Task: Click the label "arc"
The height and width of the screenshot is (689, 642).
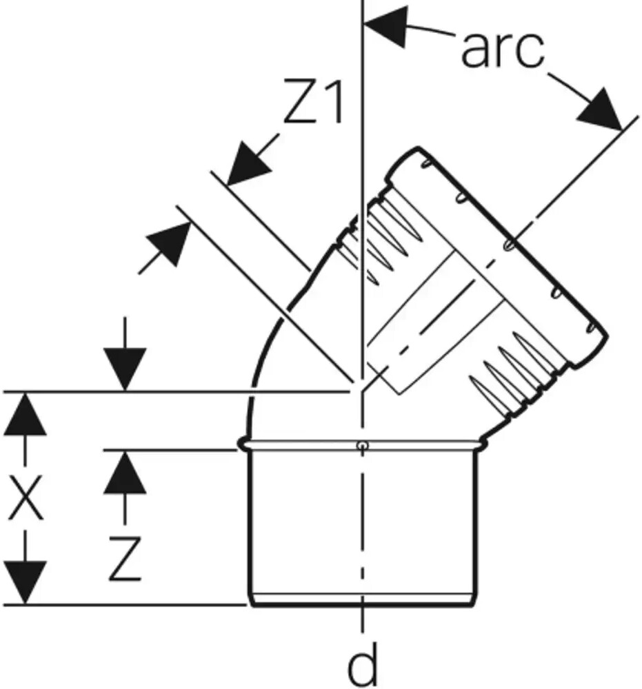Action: coord(502,49)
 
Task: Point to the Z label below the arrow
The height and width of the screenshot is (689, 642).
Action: coord(125,559)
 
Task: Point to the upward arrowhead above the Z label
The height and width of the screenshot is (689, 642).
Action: coord(125,473)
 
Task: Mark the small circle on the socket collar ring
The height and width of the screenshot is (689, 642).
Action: coord(361,446)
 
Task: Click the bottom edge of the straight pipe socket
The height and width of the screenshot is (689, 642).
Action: coord(362,605)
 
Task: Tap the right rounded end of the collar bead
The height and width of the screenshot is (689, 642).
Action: coord(483,444)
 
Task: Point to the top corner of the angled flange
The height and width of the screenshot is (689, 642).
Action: coord(417,148)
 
